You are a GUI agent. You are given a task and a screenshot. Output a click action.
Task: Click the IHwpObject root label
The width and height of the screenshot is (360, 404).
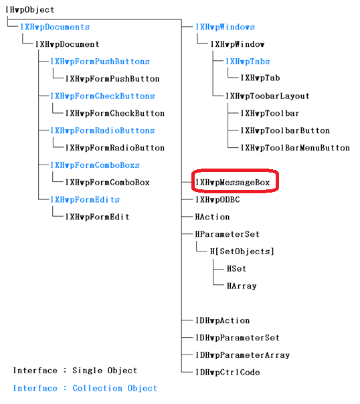(x=30, y=10)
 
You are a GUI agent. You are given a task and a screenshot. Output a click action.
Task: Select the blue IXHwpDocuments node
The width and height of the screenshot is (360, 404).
(x=55, y=27)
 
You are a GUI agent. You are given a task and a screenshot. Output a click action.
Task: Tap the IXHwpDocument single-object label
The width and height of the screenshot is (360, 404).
(x=68, y=44)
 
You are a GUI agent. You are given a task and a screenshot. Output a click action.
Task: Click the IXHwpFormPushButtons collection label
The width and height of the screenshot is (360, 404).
(x=100, y=62)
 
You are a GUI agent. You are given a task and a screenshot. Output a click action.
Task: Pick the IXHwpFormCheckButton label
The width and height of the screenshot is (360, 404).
(x=115, y=113)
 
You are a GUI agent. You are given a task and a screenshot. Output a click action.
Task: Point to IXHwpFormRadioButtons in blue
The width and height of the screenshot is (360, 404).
(x=102, y=130)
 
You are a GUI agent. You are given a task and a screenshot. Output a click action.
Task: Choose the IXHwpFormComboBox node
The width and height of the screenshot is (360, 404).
(x=108, y=183)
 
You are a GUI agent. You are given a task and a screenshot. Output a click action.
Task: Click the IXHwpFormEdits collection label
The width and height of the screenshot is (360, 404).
(x=85, y=200)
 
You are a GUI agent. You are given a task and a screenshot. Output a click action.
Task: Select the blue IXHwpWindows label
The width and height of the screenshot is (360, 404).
(x=225, y=27)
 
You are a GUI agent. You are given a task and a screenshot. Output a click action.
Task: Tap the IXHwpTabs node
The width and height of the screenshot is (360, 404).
(x=248, y=62)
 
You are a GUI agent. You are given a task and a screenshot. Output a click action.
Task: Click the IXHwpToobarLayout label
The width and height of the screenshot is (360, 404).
(x=268, y=96)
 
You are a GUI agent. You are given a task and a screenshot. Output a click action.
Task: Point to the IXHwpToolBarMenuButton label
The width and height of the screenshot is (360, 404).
(x=295, y=148)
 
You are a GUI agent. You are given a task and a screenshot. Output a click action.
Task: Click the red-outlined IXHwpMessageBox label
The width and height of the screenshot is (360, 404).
(x=232, y=183)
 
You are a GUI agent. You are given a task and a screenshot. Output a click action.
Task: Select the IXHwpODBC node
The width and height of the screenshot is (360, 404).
(x=217, y=200)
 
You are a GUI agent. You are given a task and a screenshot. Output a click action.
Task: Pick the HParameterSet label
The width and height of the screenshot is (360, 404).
(x=228, y=234)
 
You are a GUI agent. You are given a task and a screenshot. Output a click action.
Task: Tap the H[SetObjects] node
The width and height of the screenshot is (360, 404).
(x=242, y=251)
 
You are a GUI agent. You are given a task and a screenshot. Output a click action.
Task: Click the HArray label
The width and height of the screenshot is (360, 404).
(x=242, y=286)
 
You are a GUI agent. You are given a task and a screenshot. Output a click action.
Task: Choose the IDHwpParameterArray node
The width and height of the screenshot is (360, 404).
(x=242, y=355)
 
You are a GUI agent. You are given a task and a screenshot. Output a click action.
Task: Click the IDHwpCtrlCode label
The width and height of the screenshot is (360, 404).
(x=228, y=373)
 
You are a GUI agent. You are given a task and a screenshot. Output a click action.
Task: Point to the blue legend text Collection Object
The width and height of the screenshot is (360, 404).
(x=114, y=389)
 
